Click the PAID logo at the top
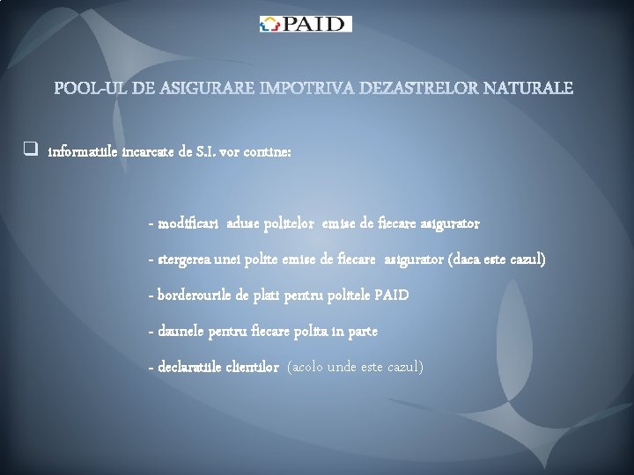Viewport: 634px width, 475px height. point(306,24)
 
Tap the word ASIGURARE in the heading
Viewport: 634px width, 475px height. point(195,88)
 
